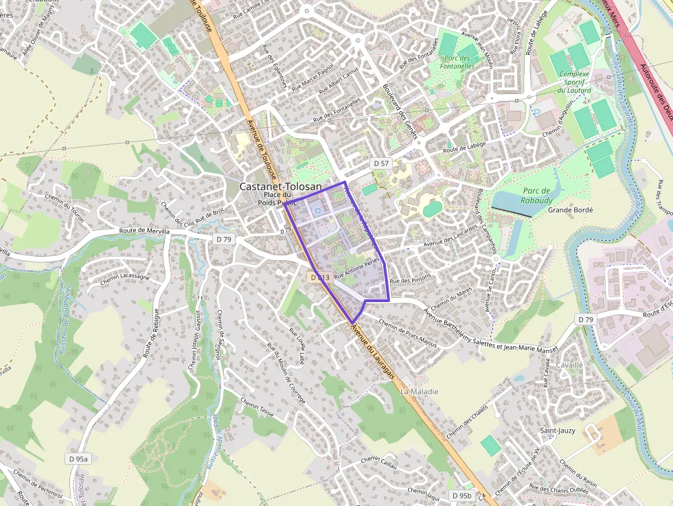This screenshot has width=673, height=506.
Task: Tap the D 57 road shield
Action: (380, 163)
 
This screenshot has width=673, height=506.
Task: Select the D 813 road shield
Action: (320, 277)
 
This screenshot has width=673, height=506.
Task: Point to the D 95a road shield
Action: (79, 458)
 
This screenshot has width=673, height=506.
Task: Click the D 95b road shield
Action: (461, 495)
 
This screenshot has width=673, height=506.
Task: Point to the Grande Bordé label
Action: (570, 210)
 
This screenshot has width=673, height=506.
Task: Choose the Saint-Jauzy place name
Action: (557, 430)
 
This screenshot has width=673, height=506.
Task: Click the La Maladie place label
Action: (420, 391)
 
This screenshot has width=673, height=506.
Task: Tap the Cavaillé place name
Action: (569, 365)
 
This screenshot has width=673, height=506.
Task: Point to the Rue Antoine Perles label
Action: (357, 268)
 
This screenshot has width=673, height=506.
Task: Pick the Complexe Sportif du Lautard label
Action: (574, 82)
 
